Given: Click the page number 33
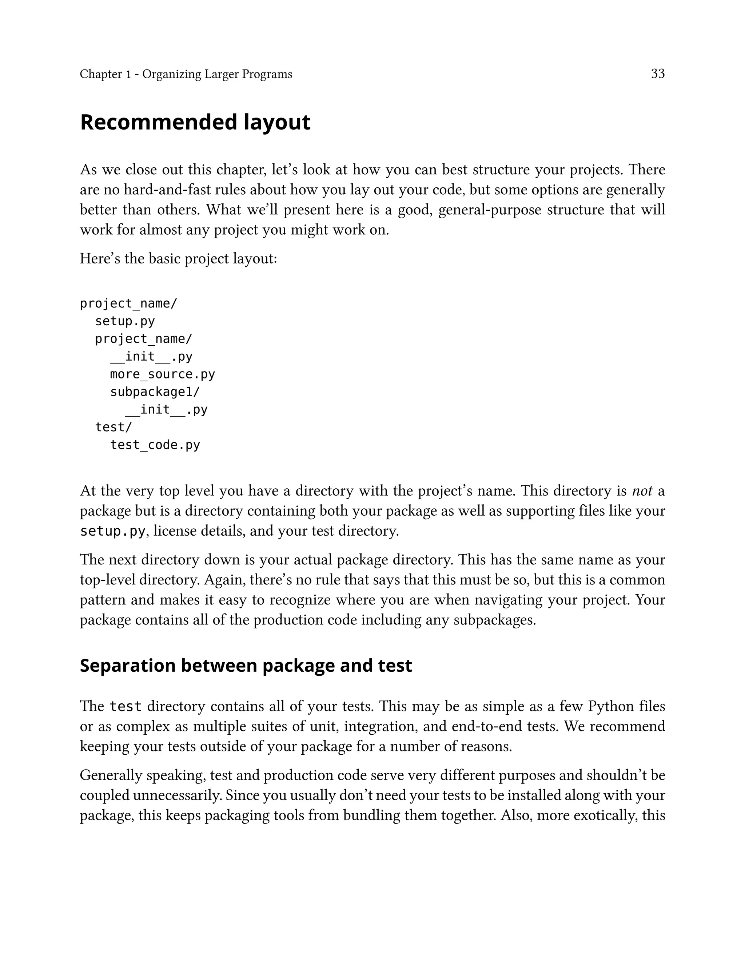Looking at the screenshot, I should [x=657, y=74].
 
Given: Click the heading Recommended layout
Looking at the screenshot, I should [x=195, y=122].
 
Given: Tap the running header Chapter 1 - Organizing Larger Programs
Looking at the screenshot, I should [x=186, y=74].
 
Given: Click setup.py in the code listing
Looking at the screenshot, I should [x=125, y=321].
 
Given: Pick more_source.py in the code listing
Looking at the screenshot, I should [x=162, y=374].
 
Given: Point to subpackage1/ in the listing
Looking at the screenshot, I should [x=155, y=392].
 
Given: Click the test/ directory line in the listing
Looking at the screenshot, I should [x=113, y=427].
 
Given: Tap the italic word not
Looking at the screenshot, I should [x=642, y=491].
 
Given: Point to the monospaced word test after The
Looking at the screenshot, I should [x=126, y=706].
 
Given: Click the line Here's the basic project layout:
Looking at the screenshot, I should [x=178, y=259].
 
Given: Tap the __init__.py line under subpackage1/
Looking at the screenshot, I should [x=166, y=409].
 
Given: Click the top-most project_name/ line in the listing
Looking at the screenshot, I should [x=129, y=304].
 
